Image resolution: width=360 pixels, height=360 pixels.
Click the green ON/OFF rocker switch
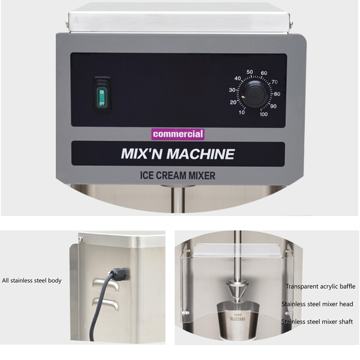[x=102, y=94]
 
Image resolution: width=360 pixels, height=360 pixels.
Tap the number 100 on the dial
[x=264, y=114]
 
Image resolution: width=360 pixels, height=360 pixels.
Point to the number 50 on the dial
[x=250, y=72]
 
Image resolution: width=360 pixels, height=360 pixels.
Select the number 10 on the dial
[x=242, y=112]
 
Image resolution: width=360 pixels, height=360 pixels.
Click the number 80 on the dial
[x=277, y=94]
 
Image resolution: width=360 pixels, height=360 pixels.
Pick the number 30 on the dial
[x=233, y=90]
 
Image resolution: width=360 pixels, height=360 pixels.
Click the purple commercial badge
[x=178, y=134]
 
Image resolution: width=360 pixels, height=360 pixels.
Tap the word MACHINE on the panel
[x=201, y=154]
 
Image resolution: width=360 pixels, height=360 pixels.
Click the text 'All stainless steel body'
[x=31, y=280]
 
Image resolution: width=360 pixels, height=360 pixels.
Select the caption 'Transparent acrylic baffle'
[x=320, y=286]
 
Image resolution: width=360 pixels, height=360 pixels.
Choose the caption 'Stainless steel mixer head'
[x=317, y=304]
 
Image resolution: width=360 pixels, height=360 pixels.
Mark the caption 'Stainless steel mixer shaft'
[x=317, y=322]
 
